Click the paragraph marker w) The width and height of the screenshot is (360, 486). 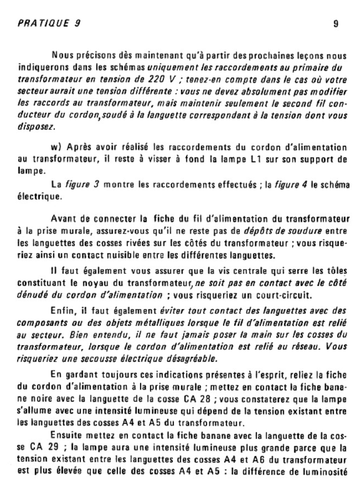pyautogui.click(x=57, y=147)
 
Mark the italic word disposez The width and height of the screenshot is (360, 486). pyautogui.click(x=36, y=126)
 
